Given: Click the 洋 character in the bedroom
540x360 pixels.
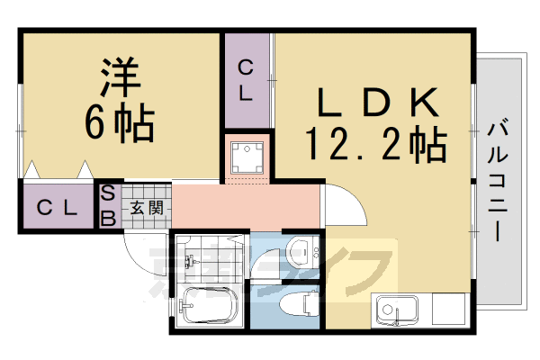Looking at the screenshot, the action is coord(121,76).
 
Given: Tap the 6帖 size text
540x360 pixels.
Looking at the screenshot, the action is coord(120,124).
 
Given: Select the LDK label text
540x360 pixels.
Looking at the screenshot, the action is coord(378,103).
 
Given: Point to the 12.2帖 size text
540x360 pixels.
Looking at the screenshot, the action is coord(376,144).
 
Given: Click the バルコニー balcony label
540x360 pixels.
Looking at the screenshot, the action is coord(498,179).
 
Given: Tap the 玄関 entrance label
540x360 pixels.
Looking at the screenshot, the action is coord(147,208).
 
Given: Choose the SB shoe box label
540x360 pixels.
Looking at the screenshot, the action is coord(108,206).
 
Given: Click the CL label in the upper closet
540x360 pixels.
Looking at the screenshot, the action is coord(245,81).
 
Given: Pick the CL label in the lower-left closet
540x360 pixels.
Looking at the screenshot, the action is coord(57,208).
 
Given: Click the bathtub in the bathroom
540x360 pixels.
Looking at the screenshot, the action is coord(210,305).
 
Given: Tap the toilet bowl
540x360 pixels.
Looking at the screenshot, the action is coord(298,303).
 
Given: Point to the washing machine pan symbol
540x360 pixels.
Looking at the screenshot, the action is coord(247,157).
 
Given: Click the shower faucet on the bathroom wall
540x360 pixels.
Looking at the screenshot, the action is coord(191,262).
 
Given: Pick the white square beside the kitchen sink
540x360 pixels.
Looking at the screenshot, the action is coord(447,309).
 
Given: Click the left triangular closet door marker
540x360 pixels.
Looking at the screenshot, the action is coord(32,169).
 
